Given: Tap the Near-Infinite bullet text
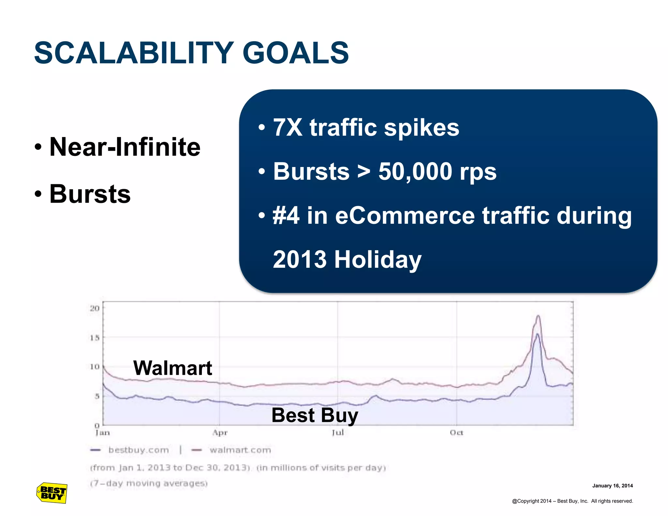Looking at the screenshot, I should coord(125,147).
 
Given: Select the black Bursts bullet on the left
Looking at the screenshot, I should coord(90,194).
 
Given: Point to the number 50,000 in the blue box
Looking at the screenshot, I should coord(415,172).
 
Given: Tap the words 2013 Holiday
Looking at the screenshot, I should coord(347,260).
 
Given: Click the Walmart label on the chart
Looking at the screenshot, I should coord(173,368).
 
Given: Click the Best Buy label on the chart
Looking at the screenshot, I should coord(315,415).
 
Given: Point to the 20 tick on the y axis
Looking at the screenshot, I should coord(95,308).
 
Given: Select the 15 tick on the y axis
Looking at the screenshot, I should coord(95,338).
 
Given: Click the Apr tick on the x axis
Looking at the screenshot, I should coord(220,433).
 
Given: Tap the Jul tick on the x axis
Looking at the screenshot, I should coord(338,433).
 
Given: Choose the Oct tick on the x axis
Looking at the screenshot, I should coord(456,433).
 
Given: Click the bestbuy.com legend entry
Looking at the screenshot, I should coord(138,450).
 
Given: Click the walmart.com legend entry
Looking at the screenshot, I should coord(240,450).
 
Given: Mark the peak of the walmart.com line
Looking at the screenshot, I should coord(538,315).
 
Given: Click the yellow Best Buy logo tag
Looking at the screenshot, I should coord(52,493).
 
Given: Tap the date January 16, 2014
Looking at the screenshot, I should coord(612,486).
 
